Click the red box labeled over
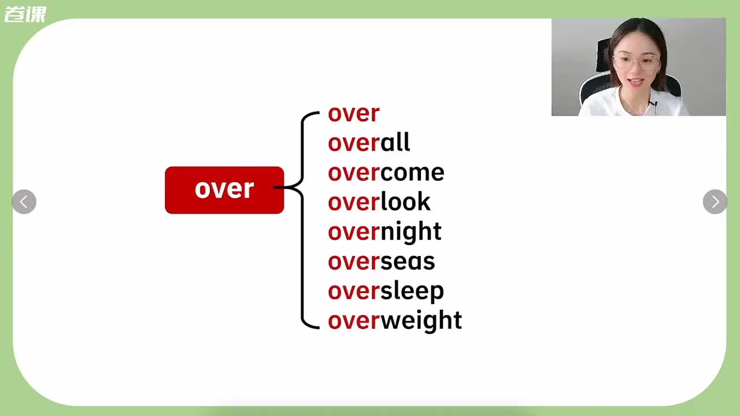click(x=224, y=190)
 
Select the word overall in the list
click(x=369, y=143)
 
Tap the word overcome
click(x=386, y=172)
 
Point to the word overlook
click(x=379, y=202)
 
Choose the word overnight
click(x=384, y=232)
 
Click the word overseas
click(x=381, y=261)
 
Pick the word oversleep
click(x=386, y=291)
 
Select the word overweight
click(x=394, y=321)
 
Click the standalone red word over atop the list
click(x=353, y=113)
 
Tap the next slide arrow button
click(x=715, y=202)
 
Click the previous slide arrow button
click(x=24, y=202)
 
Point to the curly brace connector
click(x=304, y=220)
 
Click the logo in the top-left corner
click(x=25, y=14)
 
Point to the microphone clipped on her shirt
click(x=653, y=104)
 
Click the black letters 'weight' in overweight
click(x=421, y=321)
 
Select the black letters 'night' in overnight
click(x=410, y=232)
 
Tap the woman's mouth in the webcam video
click(x=636, y=82)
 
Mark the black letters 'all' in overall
click(x=395, y=143)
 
